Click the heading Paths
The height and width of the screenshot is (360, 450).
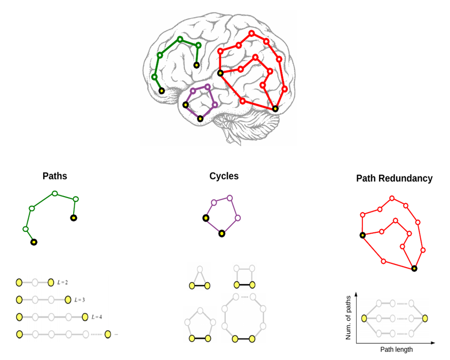[55, 176]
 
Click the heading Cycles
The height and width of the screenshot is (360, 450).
[224, 176]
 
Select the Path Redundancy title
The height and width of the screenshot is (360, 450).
[394, 178]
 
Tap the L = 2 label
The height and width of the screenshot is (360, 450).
[62, 282]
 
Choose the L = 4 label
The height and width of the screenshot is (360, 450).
[96, 317]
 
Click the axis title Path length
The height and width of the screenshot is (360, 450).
[396, 349]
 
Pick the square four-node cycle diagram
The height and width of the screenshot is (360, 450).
[244, 277]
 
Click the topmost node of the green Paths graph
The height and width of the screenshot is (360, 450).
[54, 193]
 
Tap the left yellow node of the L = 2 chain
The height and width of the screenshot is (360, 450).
[19, 282]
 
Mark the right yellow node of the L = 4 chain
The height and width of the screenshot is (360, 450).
[85, 317]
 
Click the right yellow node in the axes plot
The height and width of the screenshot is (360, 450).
[425, 318]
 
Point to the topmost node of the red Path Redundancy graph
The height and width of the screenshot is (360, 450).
[392, 198]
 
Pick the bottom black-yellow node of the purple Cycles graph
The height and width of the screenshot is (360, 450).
[222, 233]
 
